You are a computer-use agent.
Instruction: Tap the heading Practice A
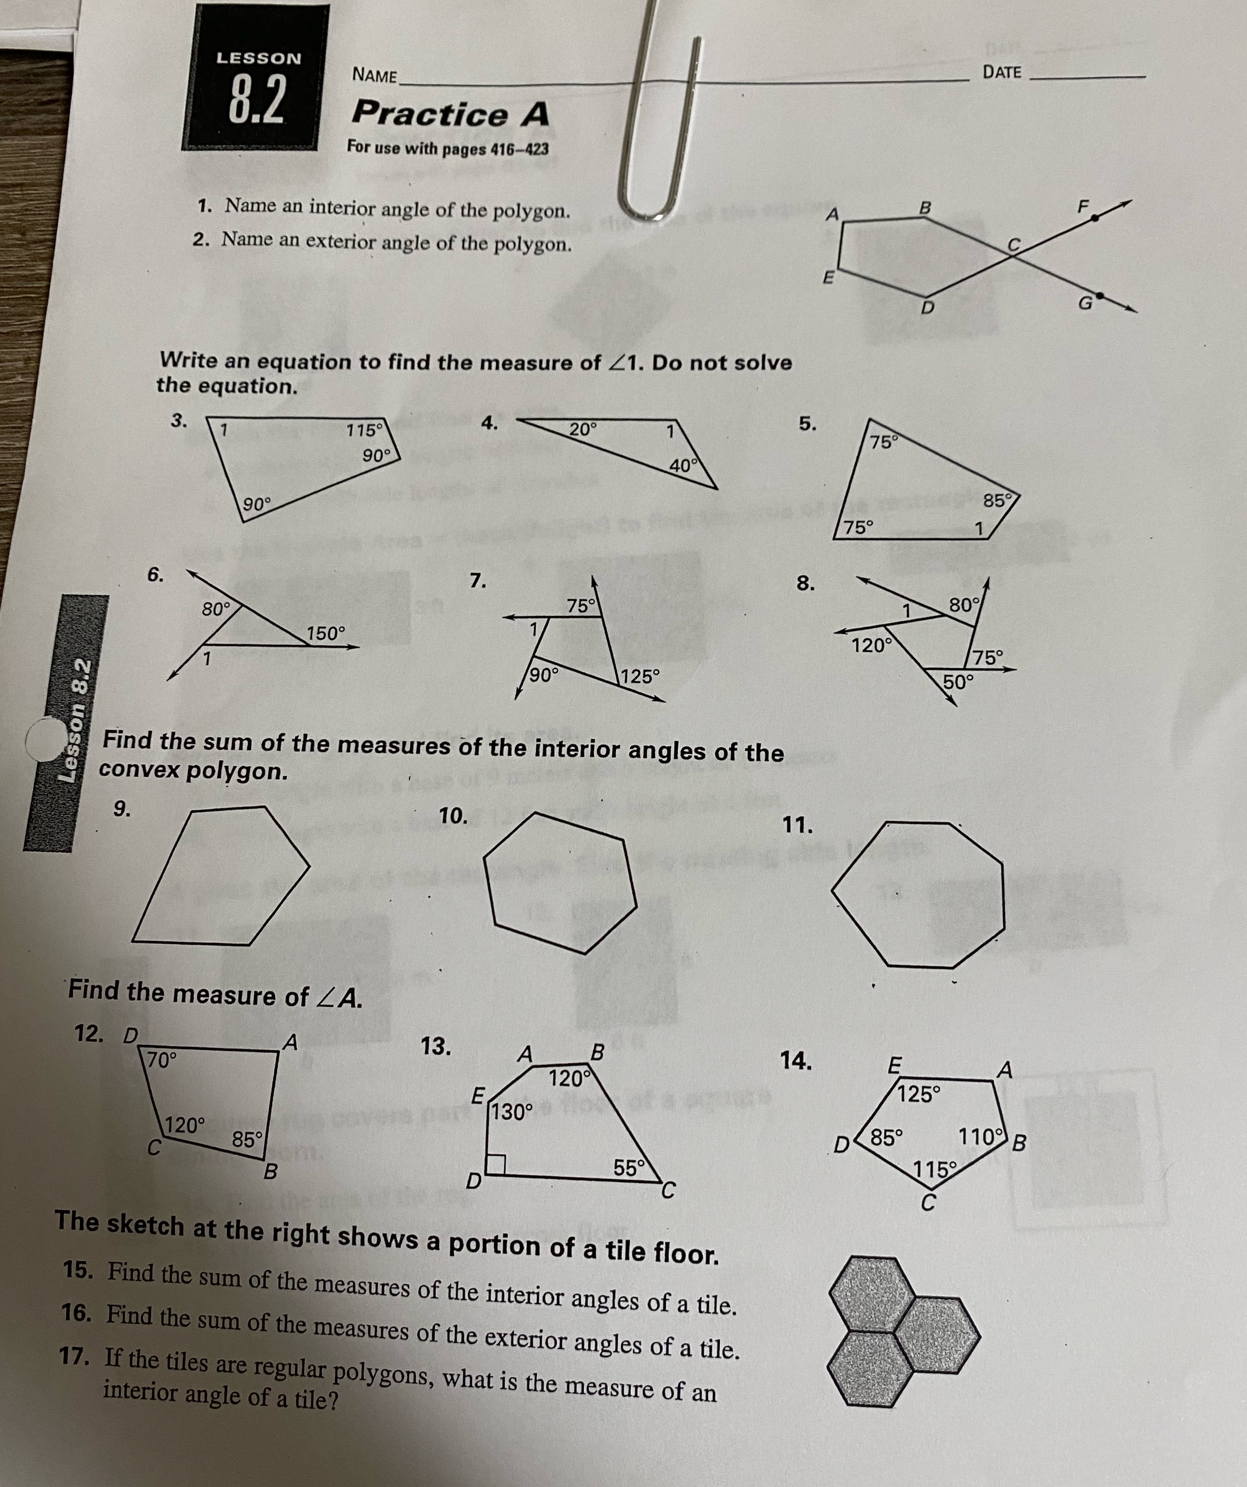(x=450, y=114)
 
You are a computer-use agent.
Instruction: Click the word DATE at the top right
(x=1002, y=72)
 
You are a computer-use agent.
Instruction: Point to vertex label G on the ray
(x=1084, y=305)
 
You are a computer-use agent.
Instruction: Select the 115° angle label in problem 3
(x=365, y=430)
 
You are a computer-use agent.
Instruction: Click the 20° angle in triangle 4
(x=583, y=429)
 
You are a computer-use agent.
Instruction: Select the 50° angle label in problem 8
(x=958, y=682)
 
